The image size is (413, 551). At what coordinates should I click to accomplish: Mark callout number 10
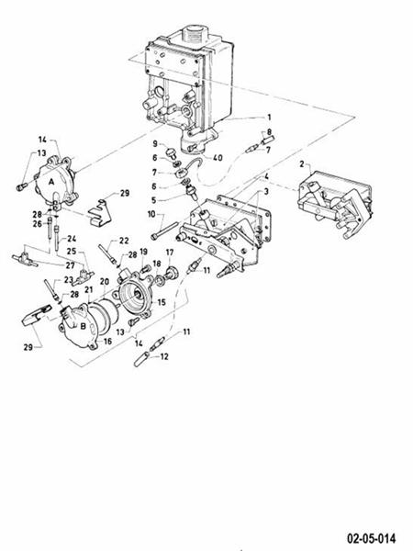click(150, 215)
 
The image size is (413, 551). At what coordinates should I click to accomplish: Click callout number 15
click(161, 301)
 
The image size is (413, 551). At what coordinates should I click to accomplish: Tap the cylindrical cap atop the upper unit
click(195, 34)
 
